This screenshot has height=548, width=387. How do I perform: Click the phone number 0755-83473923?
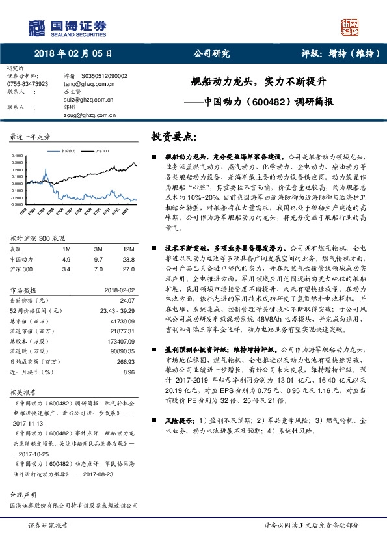click(27, 84)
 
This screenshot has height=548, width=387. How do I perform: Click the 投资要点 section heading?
click(173, 137)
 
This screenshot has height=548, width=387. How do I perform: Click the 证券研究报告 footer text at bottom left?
click(47, 525)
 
